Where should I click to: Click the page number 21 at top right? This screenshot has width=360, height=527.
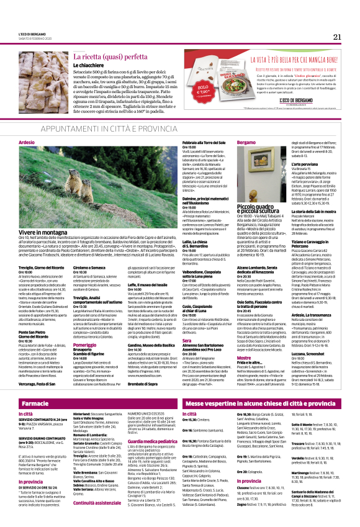click(336, 37)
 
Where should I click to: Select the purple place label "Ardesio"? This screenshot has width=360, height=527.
click(27, 142)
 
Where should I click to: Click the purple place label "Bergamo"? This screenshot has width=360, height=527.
click(228, 142)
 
